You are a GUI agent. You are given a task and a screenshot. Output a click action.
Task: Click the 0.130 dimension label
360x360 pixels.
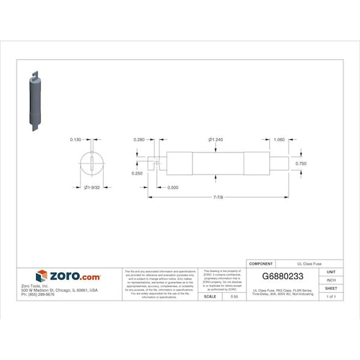(x=76, y=140)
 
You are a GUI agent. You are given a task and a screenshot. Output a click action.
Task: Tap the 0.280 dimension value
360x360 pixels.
(x=140, y=140)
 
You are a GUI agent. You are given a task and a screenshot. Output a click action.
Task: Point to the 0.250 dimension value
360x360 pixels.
(x=137, y=173)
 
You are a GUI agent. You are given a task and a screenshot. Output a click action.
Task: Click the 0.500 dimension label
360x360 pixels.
(x=173, y=188)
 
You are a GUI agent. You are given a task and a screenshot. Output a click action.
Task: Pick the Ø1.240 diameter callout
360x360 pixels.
(x=215, y=140)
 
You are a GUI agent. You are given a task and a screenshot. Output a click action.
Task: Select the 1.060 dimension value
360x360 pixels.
(x=279, y=140)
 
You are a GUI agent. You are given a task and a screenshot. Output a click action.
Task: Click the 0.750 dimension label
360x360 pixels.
(x=301, y=164)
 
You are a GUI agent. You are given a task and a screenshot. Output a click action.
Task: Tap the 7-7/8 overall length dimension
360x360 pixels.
(x=218, y=198)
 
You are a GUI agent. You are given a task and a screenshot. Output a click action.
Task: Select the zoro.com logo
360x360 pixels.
(x=68, y=276)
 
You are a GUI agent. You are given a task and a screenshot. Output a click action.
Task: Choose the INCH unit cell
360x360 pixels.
(x=331, y=280)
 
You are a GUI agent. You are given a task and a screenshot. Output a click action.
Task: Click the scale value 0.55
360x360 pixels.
(x=234, y=296)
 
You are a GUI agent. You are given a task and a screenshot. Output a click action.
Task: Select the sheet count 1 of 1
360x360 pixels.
(x=331, y=296)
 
